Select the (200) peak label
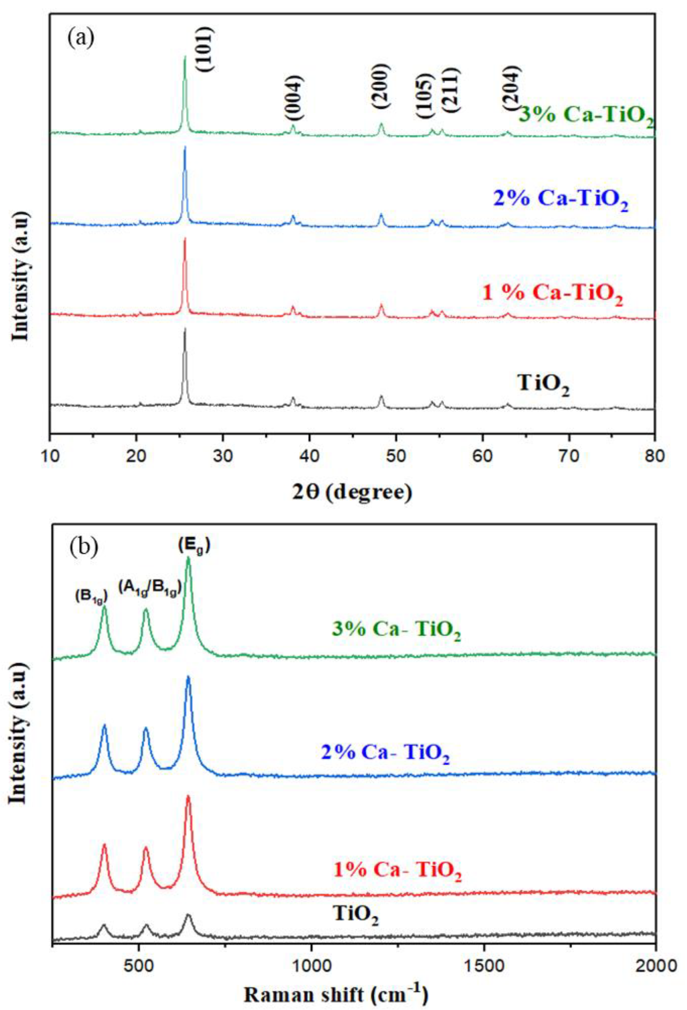point(381,86)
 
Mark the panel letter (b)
point(84,546)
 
